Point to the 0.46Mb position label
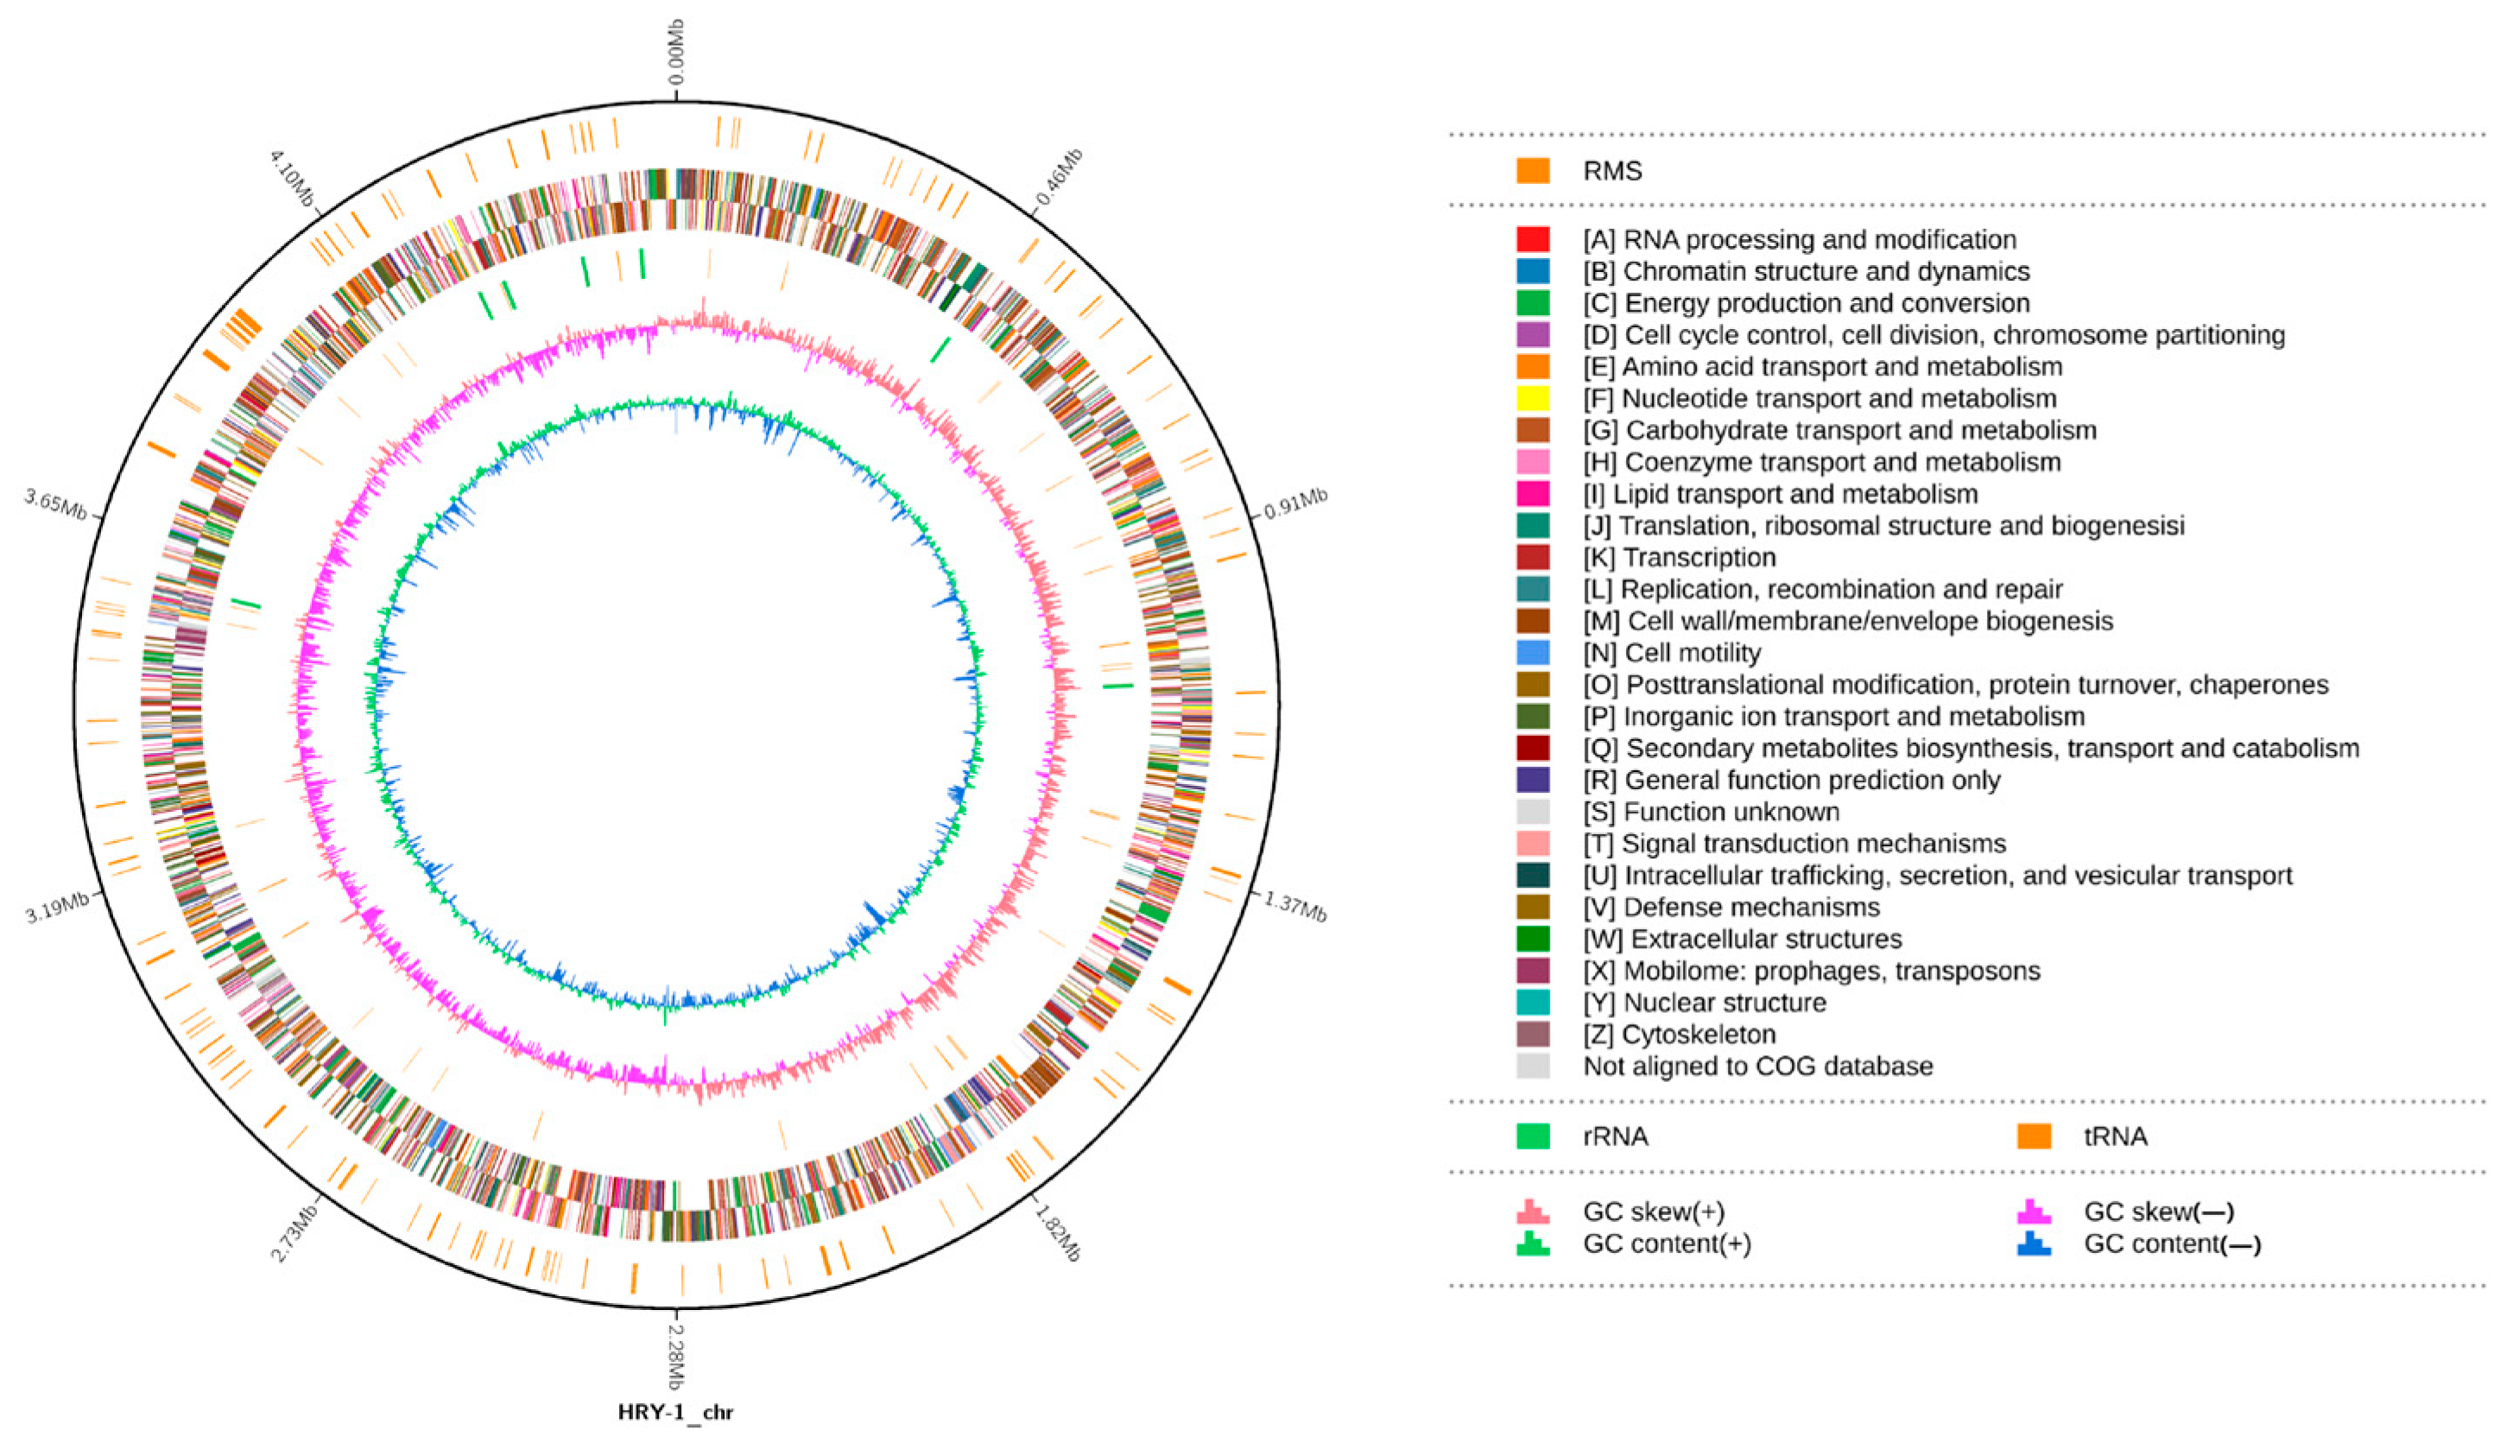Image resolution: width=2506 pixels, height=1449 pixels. click(1058, 177)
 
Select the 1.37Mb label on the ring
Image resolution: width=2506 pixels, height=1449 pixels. click(1294, 906)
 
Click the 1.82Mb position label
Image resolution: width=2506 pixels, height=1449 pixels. click(1057, 1232)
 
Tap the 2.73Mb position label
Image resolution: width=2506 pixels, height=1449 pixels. click(294, 1232)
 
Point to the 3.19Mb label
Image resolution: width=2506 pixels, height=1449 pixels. click(57, 907)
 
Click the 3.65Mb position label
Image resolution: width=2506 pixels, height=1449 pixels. click(55, 503)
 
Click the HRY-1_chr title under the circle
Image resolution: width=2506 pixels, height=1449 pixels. click(675, 1412)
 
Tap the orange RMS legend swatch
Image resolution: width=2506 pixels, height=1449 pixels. click(1533, 171)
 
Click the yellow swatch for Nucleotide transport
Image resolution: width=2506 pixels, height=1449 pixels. click(1533, 399)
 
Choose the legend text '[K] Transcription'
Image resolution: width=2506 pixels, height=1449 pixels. click(1680, 558)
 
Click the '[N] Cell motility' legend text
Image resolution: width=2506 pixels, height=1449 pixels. click(1672, 654)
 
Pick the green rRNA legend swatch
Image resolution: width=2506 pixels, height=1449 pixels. click(1533, 1136)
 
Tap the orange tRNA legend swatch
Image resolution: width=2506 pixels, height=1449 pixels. click(2034, 1136)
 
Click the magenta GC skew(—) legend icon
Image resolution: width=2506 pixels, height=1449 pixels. click(2034, 1212)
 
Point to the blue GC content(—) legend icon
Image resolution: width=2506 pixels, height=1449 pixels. click(2034, 1243)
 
